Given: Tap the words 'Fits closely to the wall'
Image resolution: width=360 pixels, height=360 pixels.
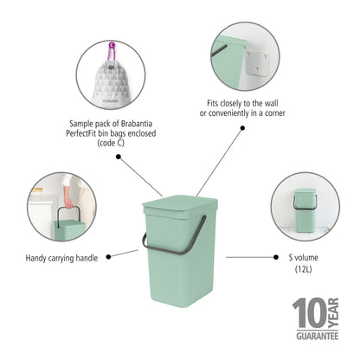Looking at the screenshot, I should click(x=242, y=103).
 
